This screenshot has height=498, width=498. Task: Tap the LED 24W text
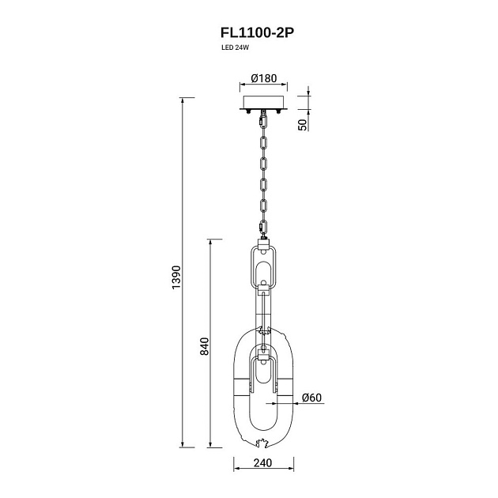(235, 48)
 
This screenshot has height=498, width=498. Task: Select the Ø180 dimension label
(263, 78)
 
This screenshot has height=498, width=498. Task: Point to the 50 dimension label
(303, 125)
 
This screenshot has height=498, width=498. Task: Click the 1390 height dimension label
(176, 277)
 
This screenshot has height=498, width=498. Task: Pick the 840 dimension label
(204, 346)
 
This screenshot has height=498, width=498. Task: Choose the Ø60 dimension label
(312, 398)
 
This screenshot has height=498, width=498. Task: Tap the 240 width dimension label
(263, 462)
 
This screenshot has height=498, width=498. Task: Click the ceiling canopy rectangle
(263, 103)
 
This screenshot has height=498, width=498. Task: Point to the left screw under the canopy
(249, 111)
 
